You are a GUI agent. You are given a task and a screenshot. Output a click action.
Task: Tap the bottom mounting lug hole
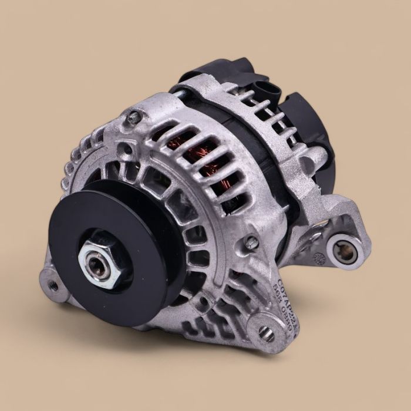pyautogui.click(x=266, y=332)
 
